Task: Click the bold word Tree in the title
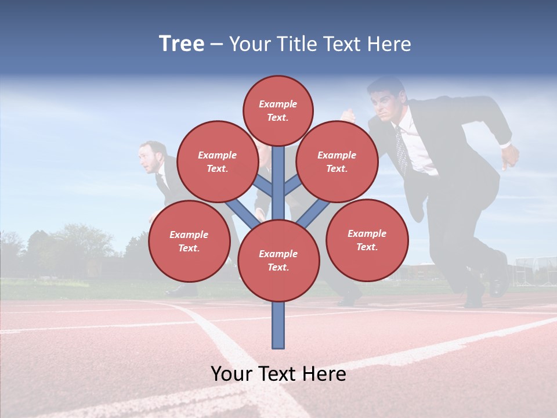pos(182,44)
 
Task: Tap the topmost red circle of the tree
pos(278,110)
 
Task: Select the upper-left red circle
pos(217,161)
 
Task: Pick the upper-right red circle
pos(337,161)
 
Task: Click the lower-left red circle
pos(189,241)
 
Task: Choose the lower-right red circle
pos(367,240)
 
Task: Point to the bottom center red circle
pos(278,261)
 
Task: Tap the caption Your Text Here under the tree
pos(278,374)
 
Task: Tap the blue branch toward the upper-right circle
pos(292,185)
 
